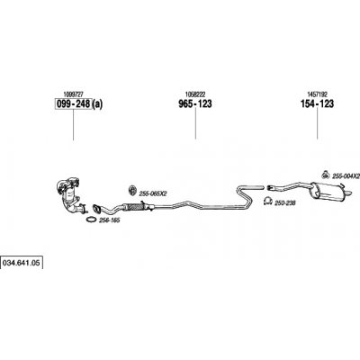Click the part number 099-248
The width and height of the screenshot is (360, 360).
tap(73, 104)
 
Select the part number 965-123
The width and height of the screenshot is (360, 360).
tap(195, 104)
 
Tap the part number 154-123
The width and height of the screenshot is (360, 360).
tap(317, 104)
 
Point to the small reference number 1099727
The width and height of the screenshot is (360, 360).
tap(74, 94)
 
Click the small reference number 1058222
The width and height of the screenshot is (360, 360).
tap(195, 94)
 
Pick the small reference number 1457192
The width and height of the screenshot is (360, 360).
tap(317, 94)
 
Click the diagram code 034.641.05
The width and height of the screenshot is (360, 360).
tap(21, 263)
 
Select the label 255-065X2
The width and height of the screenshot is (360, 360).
tap(153, 194)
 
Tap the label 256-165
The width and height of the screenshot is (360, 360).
tap(110, 220)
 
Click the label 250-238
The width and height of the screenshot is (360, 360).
tap(285, 203)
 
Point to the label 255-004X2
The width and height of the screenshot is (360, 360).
tap(346, 176)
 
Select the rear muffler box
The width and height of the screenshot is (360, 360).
tap(328, 192)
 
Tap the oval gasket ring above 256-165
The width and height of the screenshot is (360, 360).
tap(91, 220)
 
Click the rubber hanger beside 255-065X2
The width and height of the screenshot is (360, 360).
tap(131, 191)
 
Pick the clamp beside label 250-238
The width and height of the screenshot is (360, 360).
tap(267, 201)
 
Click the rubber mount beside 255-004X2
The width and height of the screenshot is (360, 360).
tap(325, 175)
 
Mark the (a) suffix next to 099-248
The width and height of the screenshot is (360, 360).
tap(97, 104)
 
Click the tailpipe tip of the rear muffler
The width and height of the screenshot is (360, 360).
tap(349, 193)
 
